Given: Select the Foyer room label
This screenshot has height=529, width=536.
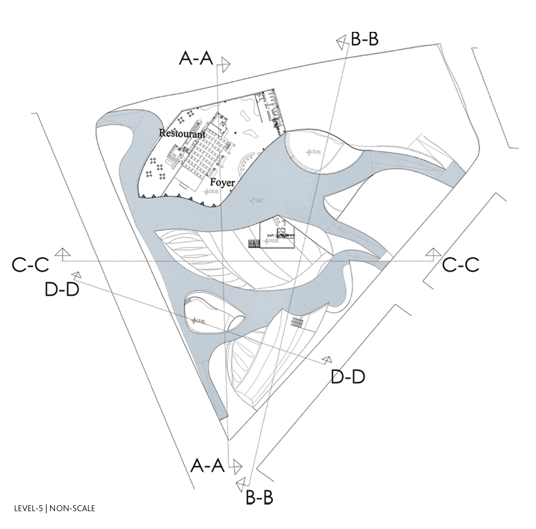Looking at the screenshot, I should pyautogui.click(x=222, y=183).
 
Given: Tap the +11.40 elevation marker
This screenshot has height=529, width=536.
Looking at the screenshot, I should pyautogui.click(x=314, y=152).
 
